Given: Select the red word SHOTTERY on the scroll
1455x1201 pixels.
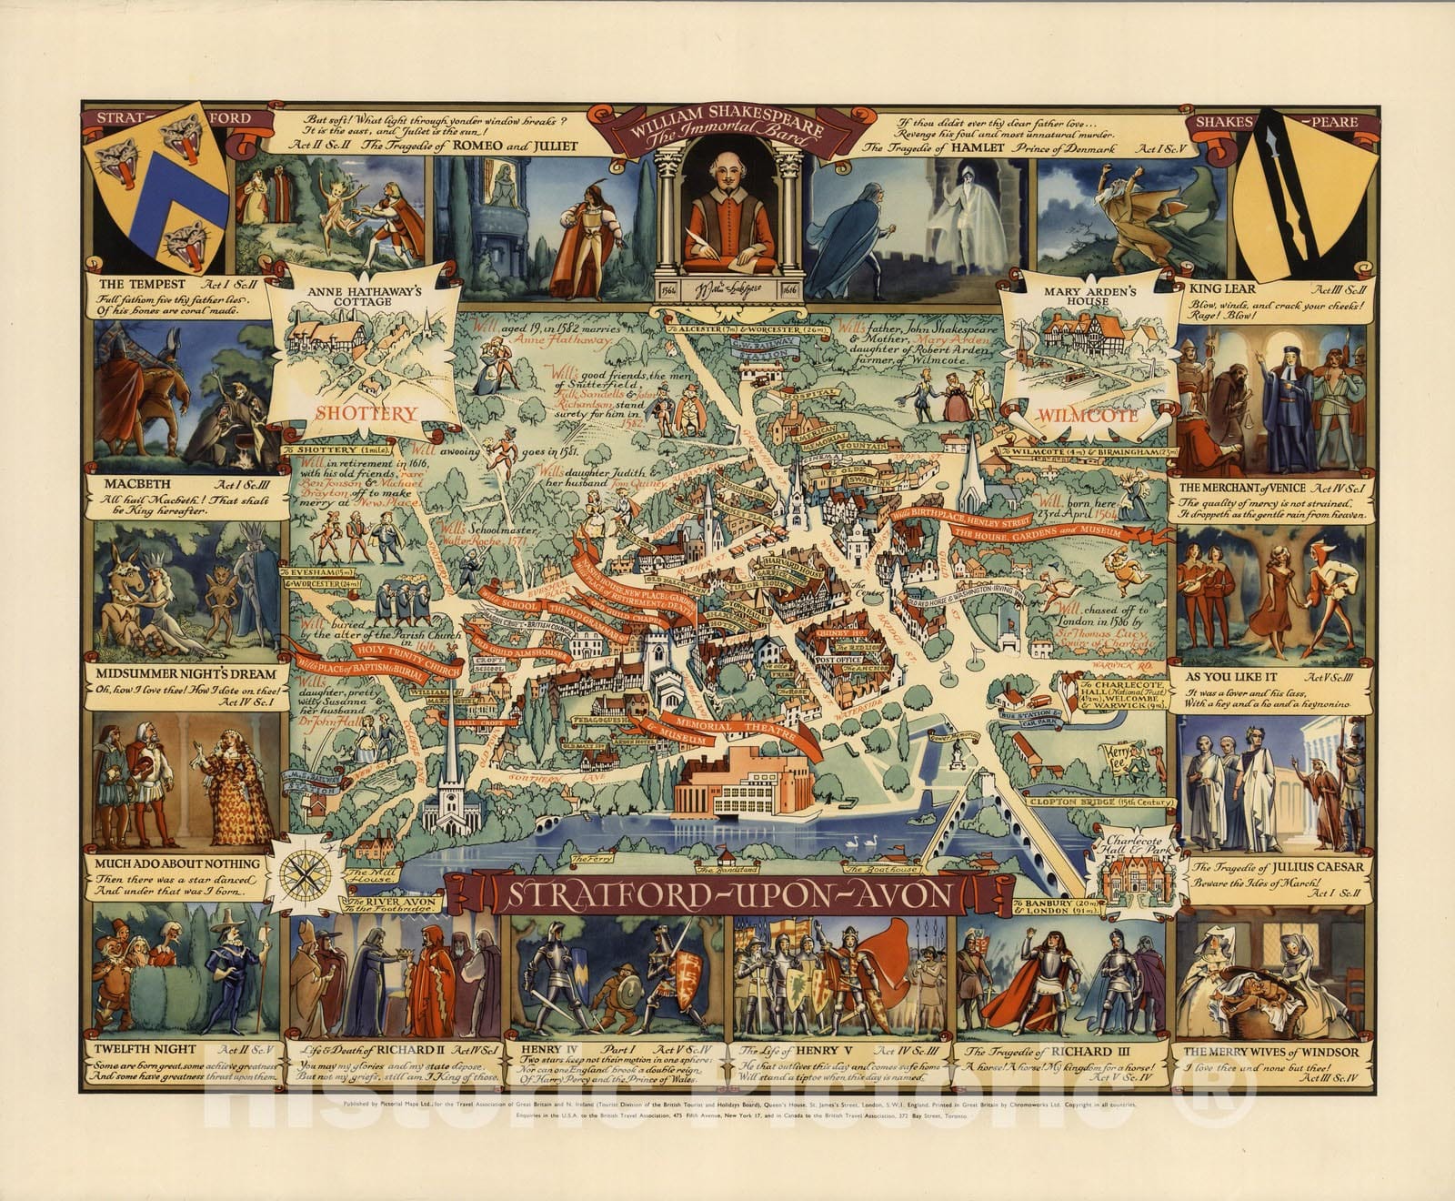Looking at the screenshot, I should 366,413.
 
